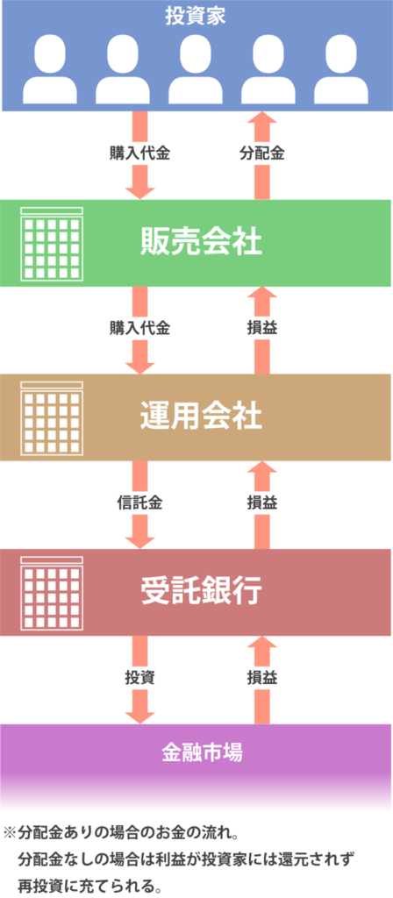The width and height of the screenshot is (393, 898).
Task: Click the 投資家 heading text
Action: coord(196,17)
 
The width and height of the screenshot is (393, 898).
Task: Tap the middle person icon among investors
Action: coord(196,69)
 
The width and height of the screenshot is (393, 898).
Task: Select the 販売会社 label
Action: coord(201,244)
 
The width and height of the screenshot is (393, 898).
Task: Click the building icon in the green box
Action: coord(52,244)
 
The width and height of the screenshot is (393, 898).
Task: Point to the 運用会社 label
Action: coord(201,417)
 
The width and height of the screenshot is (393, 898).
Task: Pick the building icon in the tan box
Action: coord(52,418)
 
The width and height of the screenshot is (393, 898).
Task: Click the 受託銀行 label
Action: coord(201,592)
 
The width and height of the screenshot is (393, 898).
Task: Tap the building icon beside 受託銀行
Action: coord(52,593)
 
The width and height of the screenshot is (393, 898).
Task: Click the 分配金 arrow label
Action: coord(261,154)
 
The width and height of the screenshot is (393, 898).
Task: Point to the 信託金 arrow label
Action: coord(139,503)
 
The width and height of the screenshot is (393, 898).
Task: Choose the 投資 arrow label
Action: coord(139,678)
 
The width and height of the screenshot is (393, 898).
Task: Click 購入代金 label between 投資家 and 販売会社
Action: coord(139,154)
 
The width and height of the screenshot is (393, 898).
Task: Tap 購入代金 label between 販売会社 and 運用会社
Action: coord(139,329)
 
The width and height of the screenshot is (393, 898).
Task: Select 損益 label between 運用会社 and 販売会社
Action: coord(261,329)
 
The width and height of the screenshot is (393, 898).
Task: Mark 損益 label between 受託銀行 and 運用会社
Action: coord(261,503)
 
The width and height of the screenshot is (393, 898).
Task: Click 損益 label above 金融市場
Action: coord(261,678)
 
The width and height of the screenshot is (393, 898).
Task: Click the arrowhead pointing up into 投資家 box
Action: coord(261,118)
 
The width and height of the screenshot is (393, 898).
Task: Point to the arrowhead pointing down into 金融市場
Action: coord(139,716)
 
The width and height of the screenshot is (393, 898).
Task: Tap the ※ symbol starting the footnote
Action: coord(11,830)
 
